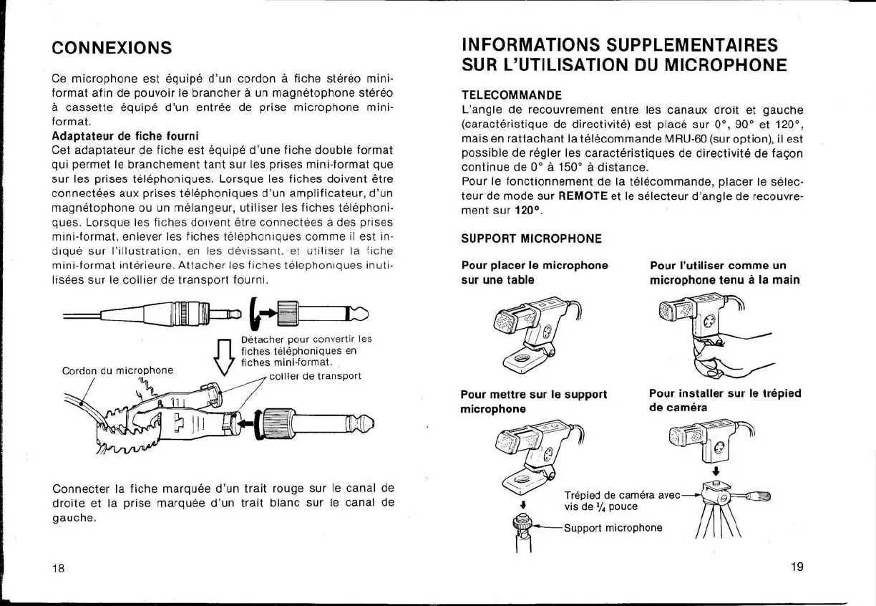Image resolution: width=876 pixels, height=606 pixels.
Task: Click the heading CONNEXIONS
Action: point(112,48)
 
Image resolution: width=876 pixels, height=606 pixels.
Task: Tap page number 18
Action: point(58,569)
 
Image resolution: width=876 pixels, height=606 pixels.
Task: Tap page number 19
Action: point(797,567)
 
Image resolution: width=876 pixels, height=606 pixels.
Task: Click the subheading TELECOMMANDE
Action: point(511,95)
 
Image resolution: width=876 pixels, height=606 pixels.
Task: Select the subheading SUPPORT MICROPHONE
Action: point(531,239)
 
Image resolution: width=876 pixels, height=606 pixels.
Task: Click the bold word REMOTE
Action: point(583,196)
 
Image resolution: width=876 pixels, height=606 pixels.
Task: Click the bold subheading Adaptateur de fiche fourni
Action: point(125,135)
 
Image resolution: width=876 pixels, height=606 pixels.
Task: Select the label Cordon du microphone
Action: point(117,370)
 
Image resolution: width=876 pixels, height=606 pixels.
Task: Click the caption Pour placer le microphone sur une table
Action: point(534,272)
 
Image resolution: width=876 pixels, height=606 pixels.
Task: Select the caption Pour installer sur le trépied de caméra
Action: point(724,400)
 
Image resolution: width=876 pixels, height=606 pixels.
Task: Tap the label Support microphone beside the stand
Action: point(613,528)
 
